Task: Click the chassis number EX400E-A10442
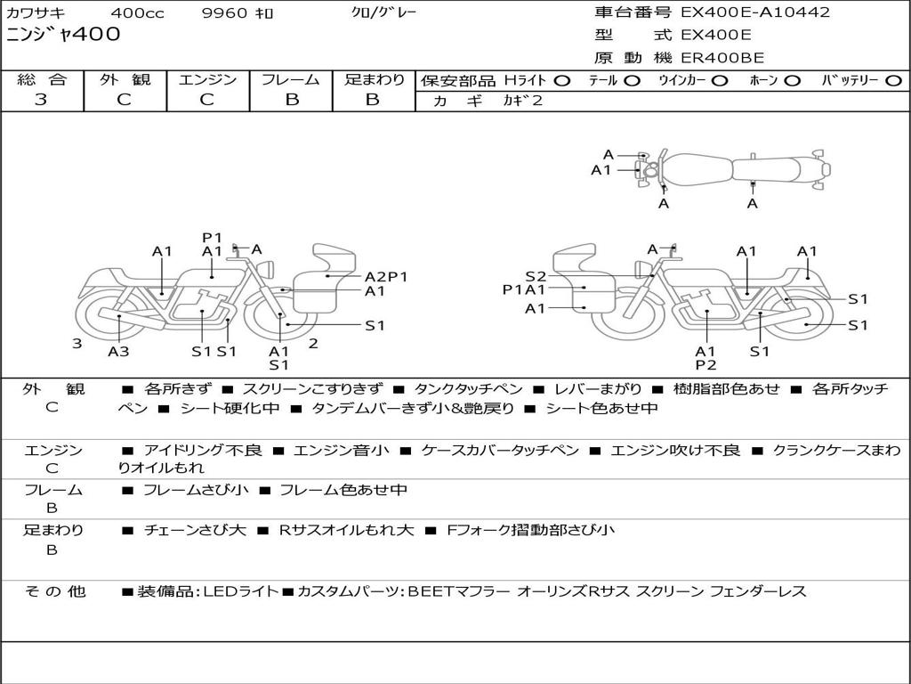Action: coord(755,12)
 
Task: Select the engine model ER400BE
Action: coord(722,58)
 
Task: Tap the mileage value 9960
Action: coord(225,12)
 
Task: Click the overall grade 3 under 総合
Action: coord(41,100)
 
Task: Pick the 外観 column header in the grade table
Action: coord(125,79)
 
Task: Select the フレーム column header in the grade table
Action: coord(291,79)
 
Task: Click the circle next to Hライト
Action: coord(562,81)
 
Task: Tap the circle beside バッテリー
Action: coord(893,81)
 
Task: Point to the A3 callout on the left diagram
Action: coord(118,351)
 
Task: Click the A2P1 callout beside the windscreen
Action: coord(386,277)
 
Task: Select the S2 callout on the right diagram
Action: coord(536,276)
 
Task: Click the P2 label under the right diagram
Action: coord(705,364)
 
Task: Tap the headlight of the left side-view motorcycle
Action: coord(268,270)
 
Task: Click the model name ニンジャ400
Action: coord(63,35)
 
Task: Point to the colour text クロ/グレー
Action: coord(383,12)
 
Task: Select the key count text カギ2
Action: coord(522,101)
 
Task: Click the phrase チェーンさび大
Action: coord(195,530)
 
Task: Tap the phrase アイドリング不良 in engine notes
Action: coord(203,450)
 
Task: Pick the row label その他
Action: coord(54,591)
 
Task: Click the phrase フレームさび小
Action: coord(196,490)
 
